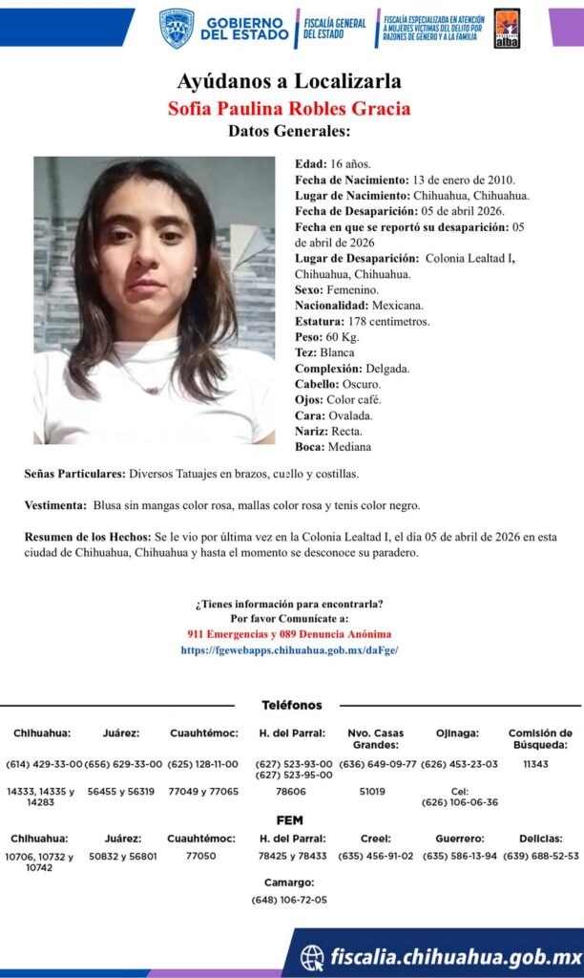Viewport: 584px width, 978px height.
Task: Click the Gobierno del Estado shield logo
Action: tap(176, 28)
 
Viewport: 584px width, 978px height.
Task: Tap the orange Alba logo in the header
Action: tap(507, 28)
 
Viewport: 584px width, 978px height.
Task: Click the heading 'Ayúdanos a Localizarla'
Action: tap(288, 80)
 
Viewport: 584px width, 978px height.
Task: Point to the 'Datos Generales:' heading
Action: tap(289, 132)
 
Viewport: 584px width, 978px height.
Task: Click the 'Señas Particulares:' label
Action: tap(74, 474)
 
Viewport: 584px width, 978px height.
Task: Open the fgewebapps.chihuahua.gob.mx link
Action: tap(289, 649)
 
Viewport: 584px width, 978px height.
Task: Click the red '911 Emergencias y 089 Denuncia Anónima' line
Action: tap(289, 634)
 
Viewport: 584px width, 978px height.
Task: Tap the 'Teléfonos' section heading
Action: tap(292, 705)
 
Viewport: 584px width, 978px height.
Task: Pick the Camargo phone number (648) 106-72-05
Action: tap(289, 900)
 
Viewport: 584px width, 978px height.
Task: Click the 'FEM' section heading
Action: tap(290, 820)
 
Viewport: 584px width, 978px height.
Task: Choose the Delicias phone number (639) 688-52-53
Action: tap(541, 856)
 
